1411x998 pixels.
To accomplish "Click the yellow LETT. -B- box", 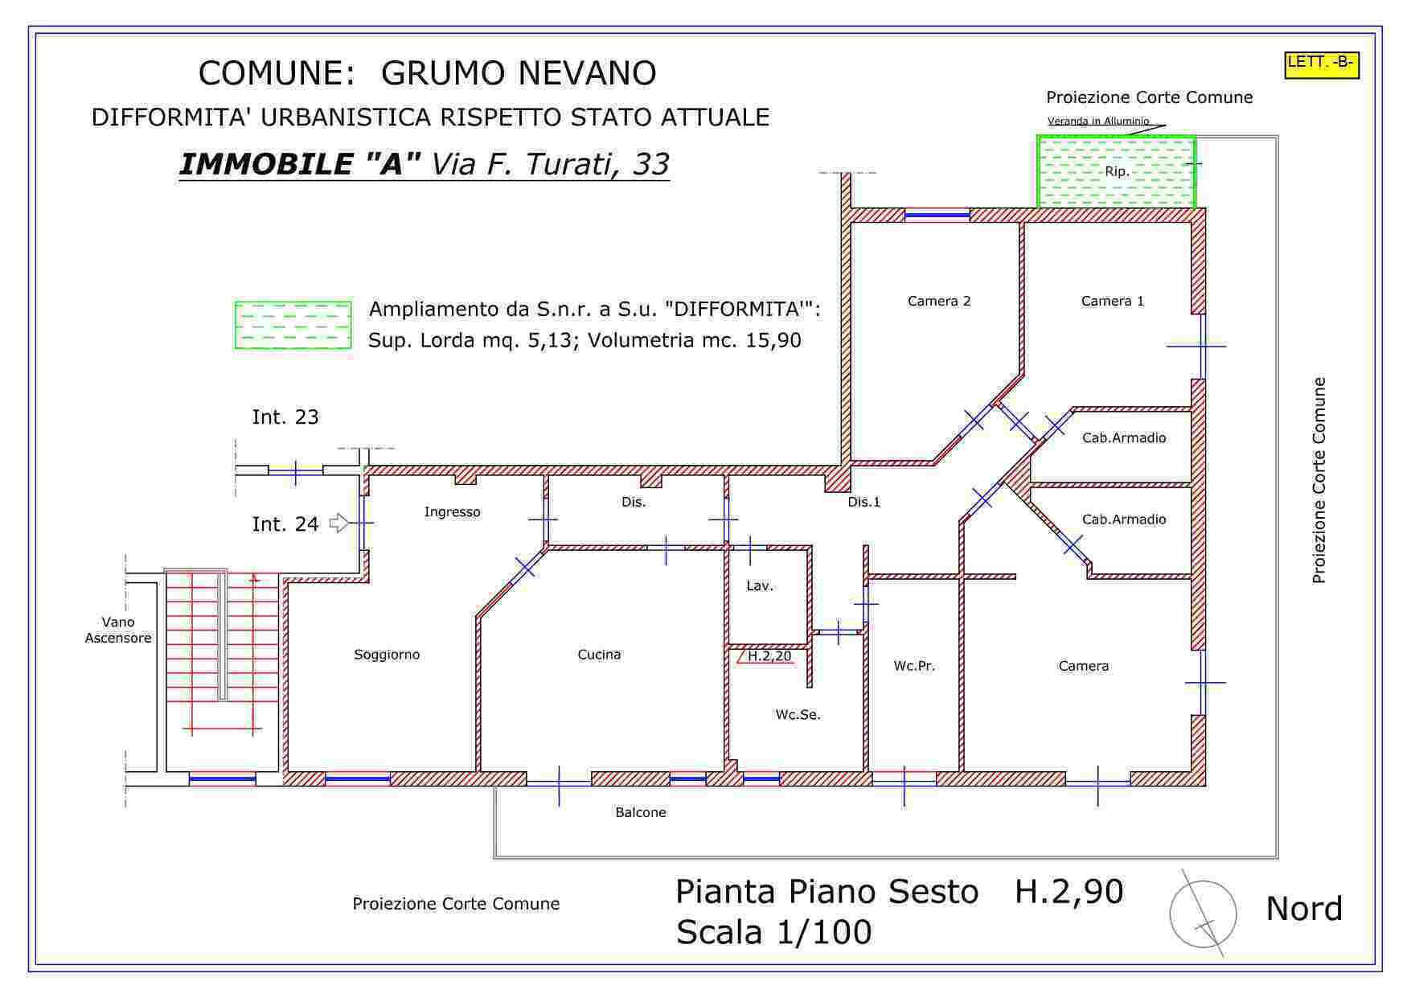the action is [x=1322, y=65].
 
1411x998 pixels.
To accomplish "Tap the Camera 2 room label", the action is [x=939, y=301].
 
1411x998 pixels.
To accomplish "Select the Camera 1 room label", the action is [x=1112, y=301].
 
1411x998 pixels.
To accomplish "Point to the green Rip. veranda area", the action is [x=1116, y=170].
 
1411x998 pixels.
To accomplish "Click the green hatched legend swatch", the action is [x=293, y=325].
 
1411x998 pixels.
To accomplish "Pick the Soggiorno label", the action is [x=387, y=655].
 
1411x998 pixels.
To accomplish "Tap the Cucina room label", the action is [x=599, y=655].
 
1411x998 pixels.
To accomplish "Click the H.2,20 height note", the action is [x=769, y=656].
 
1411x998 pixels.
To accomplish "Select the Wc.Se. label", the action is [x=798, y=714].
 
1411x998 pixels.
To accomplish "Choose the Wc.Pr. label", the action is [x=914, y=666].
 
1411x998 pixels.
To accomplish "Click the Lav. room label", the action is [x=760, y=585].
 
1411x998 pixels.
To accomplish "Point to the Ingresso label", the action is [x=452, y=511].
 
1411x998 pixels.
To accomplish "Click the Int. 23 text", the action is [x=285, y=417].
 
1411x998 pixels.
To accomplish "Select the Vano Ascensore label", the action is [x=118, y=630].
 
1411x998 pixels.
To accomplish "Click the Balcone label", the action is [x=641, y=812].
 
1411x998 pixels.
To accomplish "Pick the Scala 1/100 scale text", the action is [x=773, y=932].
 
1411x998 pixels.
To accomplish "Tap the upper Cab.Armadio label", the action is [x=1124, y=437].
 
